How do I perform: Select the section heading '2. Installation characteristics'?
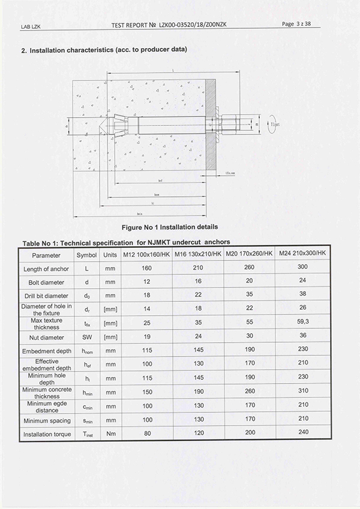coord(105,50)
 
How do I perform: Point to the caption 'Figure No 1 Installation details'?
coord(170,227)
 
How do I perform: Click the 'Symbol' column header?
coord(86,254)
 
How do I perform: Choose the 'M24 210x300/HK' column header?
coord(302,254)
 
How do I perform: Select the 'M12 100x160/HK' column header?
coord(146,254)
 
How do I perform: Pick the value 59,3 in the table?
coord(302,323)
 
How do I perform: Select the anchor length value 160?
coord(146,268)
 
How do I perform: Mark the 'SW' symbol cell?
coord(86,337)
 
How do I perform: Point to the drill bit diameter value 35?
coord(250,295)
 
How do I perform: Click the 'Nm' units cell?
coord(110,434)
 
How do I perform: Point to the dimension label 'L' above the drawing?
coord(173,71)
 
